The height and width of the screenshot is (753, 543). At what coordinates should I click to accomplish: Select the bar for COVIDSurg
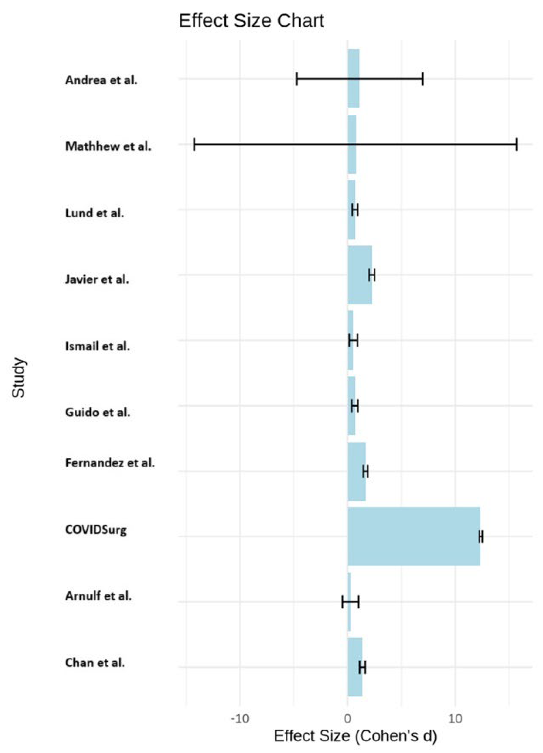pos(414,536)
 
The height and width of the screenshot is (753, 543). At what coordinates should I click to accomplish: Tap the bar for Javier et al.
pos(359,275)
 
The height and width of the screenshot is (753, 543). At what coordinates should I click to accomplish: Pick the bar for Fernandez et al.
pos(356,471)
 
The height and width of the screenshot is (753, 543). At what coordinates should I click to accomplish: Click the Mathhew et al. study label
pos(108,146)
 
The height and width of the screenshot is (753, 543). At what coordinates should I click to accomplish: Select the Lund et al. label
pos(95,213)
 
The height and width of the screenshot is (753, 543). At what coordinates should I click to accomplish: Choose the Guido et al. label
pos(98,412)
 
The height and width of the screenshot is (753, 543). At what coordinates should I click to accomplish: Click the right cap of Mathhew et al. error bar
pos(516,144)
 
